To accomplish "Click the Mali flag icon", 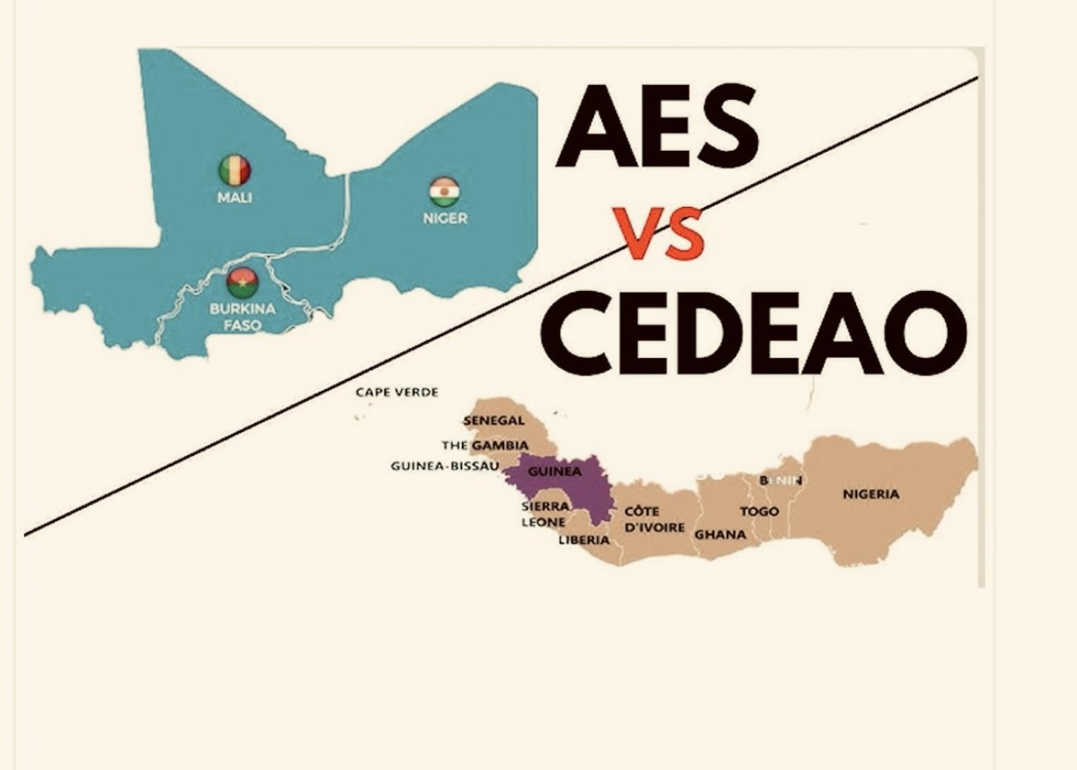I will pyautogui.click(x=235, y=171).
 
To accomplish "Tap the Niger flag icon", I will pyautogui.click(x=444, y=192).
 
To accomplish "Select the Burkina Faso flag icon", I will pyautogui.click(x=242, y=283).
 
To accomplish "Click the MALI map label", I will pyautogui.click(x=235, y=198).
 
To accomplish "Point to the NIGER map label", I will pyautogui.click(x=445, y=218).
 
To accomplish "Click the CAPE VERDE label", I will pyautogui.click(x=397, y=392).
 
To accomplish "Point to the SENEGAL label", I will pyautogui.click(x=494, y=421).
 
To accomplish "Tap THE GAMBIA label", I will pyautogui.click(x=485, y=445).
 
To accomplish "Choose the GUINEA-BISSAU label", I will pyautogui.click(x=444, y=467).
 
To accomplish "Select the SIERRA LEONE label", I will pyautogui.click(x=544, y=514).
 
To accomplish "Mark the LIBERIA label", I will pyautogui.click(x=584, y=540).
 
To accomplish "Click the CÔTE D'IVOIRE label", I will pyautogui.click(x=654, y=519).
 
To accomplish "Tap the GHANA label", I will pyautogui.click(x=720, y=534).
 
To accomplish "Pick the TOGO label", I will pyautogui.click(x=759, y=511).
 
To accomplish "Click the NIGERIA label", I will pyautogui.click(x=871, y=495).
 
